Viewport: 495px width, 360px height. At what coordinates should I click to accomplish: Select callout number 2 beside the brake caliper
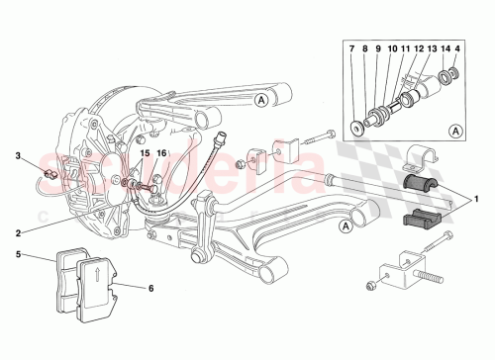[x=17, y=233]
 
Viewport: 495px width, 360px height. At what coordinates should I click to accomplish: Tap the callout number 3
[x=17, y=155]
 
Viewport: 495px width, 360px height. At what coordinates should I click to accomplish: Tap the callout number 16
[x=161, y=153]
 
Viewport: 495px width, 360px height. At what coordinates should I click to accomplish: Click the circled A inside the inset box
[x=453, y=129]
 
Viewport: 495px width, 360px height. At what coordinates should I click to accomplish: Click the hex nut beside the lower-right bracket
[x=369, y=287]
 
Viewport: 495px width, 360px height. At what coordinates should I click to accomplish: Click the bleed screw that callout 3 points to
[x=49, y=175]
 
